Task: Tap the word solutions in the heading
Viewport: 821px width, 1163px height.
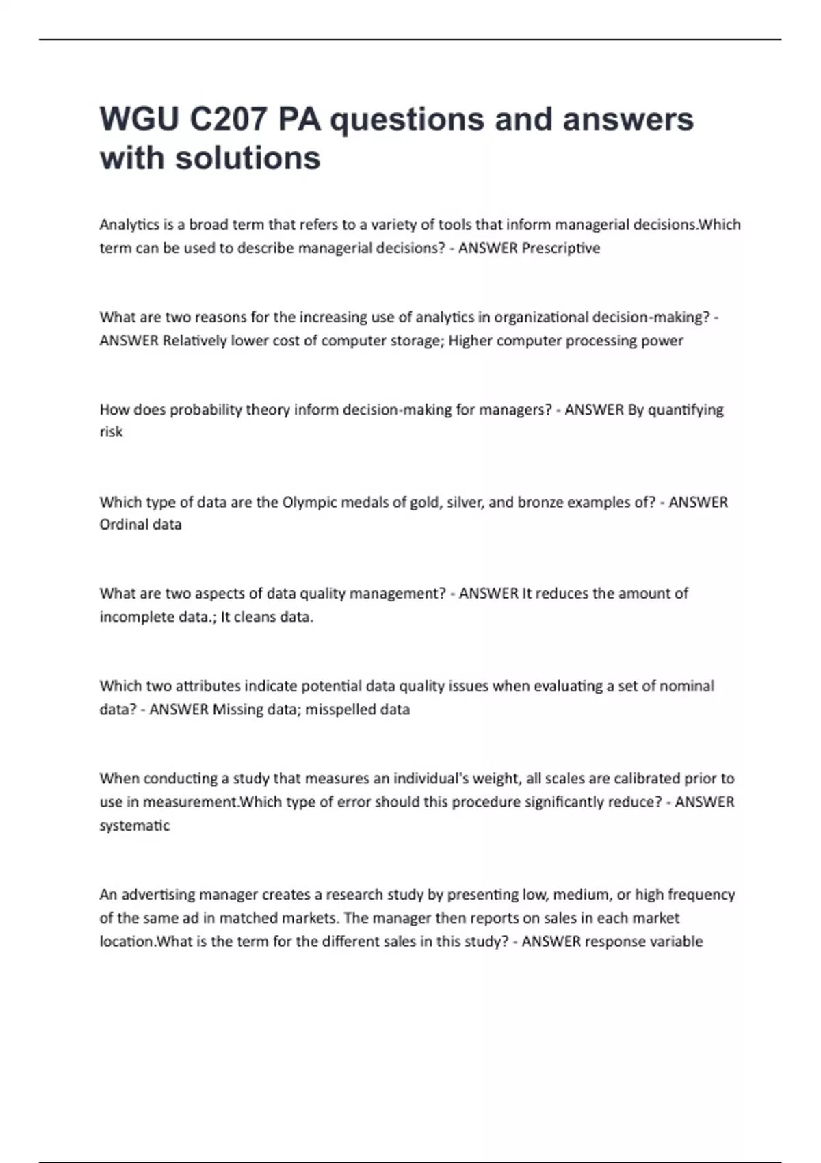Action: (248, 158)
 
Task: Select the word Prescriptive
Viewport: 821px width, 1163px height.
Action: (560, 248)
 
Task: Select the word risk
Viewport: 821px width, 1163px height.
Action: (111, 432)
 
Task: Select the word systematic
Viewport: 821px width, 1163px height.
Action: (134, 826)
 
